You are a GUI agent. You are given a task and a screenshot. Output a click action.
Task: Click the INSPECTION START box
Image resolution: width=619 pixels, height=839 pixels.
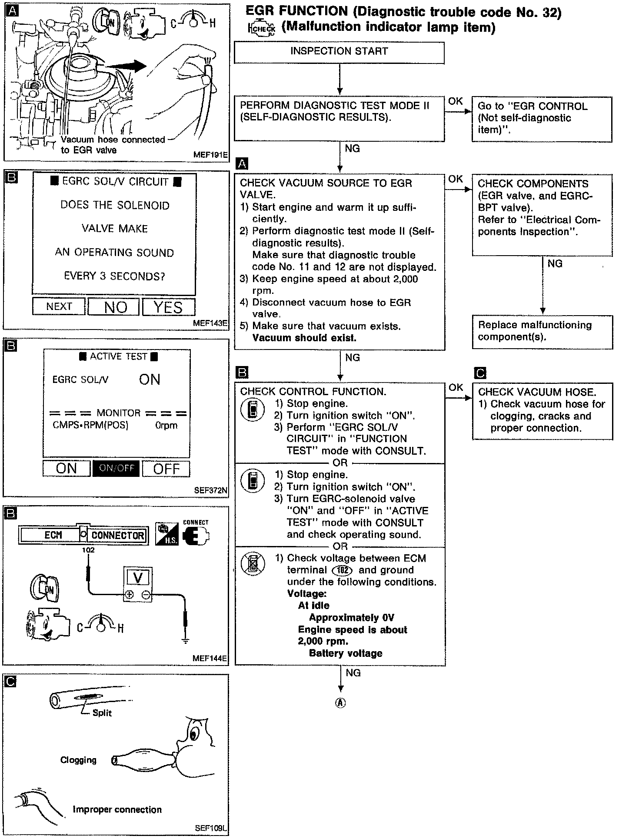coord(339,52)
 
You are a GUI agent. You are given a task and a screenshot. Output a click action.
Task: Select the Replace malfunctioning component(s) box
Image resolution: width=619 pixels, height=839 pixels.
coord(542,331)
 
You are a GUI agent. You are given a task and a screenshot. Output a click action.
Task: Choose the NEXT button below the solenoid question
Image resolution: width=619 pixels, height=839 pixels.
coord(59,306)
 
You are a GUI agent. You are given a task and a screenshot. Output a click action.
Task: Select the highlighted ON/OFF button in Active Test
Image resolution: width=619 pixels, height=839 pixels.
coord(116,468)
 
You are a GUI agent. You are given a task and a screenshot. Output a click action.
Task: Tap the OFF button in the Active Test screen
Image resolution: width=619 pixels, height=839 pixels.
coord(166,469)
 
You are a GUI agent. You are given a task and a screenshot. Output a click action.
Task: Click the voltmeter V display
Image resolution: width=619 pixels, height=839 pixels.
coord(138,578)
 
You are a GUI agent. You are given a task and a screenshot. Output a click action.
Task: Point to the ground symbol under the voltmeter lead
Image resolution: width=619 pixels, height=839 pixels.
coord(186,640)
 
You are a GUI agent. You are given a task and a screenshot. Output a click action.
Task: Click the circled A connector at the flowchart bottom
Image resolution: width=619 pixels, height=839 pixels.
coord(340,702)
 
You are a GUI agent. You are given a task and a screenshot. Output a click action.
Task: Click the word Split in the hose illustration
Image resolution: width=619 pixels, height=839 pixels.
coord(102,713)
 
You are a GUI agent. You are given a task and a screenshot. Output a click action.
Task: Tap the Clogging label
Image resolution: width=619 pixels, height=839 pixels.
coord(78,760)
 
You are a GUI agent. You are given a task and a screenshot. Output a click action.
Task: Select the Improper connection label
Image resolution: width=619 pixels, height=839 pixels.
coord(117,809)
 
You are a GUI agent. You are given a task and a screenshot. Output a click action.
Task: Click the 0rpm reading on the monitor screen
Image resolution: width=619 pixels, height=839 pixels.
coord(166,425)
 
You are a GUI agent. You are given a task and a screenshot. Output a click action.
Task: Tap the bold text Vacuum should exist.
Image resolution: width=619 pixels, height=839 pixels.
coord(304,338)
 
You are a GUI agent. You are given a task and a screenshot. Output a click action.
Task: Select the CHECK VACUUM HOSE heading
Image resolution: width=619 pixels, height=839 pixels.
coord(537,392)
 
